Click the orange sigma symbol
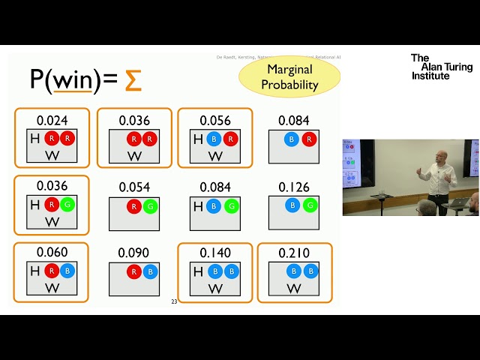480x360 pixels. click(x=133, y=80)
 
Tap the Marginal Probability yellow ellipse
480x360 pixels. click(x=289, y=77)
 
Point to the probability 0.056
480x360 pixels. click(x=215, y=120)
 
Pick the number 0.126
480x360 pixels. click(x=293, y=187)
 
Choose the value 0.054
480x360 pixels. click(x=134, y=187)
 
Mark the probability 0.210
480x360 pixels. click(x=293, y=253)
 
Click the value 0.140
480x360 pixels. click(x=215, y=253)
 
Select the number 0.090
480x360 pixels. click(x=134, y=253)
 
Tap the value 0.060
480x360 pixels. click(x=51, y=253)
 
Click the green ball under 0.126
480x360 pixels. click(x=310, y=205)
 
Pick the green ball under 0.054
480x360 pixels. click(x=150, y=205)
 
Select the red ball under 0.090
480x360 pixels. click(x=134, y=271)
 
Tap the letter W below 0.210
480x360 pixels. click(x=294, y=289)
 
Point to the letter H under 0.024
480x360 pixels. click(x=34, y=139)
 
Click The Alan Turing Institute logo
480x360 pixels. click(x=441, y=66)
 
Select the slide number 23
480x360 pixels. click(x=174, y=301)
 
